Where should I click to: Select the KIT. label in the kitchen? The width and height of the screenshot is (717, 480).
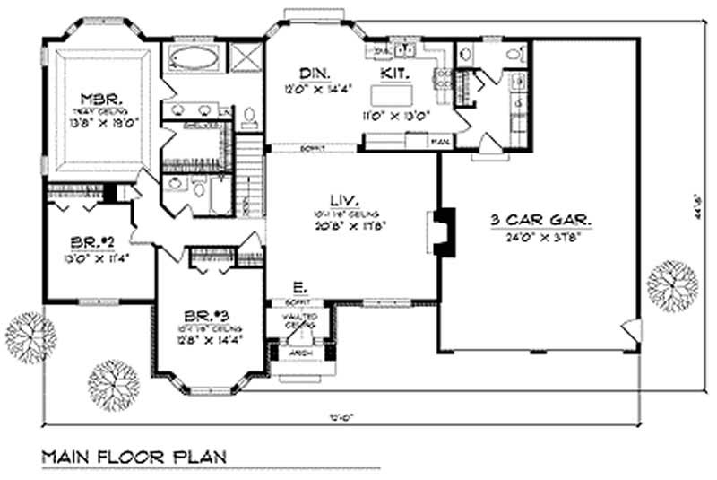(x=394, y=72)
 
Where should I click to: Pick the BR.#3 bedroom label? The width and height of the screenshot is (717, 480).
(x=208, y=314)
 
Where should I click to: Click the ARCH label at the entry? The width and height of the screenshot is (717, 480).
(x=300, y=353)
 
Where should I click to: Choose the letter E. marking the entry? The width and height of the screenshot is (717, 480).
(x=300, y=288)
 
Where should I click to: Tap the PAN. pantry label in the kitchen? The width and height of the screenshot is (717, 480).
(x=440, y=142)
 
